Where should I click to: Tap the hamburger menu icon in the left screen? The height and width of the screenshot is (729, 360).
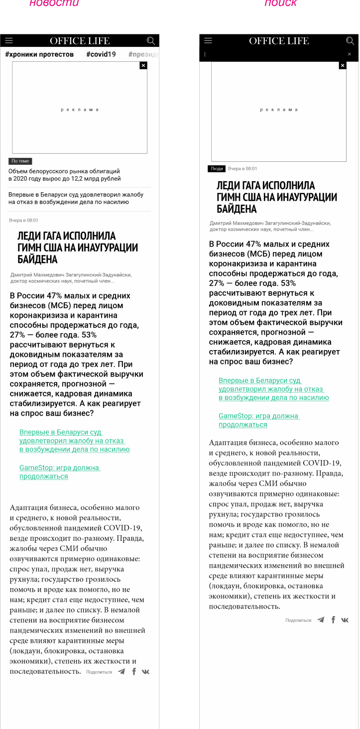(x=8, y=41)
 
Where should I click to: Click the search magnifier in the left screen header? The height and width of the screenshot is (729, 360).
(x=151, y=41)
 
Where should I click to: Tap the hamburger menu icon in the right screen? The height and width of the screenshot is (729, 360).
(x=208, y=41)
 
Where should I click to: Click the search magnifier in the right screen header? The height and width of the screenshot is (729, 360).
(x=350, y=41)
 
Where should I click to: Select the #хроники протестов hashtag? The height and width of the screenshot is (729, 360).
(x=39, y=54)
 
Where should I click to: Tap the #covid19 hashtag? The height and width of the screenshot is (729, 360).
(x=101, y=54)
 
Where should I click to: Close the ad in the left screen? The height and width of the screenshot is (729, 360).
(x=143, y=65)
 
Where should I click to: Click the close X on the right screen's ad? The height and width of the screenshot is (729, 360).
(x=343, y=65)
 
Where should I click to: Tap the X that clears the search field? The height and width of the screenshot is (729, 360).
(x=349, y=54)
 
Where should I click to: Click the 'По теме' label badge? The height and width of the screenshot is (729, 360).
(x=20, y=161)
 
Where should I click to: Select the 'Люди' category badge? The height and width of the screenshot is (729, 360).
(x=217, y=169)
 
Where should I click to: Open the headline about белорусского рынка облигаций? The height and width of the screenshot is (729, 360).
(x=64, y=175)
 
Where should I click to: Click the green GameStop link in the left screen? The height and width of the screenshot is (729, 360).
(x=59, y=472)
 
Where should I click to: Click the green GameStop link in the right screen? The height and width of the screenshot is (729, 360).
(x=258, y=420)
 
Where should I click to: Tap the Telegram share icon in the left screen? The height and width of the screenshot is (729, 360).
(x=121, y=672)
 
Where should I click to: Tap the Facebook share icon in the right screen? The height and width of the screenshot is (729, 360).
(x=333, y=620)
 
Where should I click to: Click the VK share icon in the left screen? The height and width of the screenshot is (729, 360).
(x=145, y=672)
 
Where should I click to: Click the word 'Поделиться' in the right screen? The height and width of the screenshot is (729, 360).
(x=298, y=620)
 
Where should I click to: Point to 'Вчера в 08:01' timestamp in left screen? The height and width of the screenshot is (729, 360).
(x=23, y=220)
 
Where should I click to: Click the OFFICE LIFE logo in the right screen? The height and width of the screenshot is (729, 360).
(x=279, y=41)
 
